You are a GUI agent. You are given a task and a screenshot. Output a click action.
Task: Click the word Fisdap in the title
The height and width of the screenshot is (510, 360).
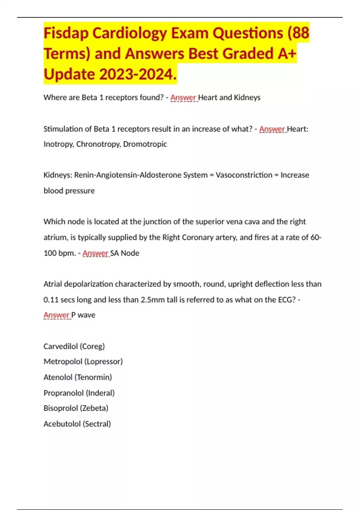click(x=66, y=33)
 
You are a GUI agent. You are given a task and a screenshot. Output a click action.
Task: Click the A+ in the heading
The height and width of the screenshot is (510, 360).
click(x=287, y=53)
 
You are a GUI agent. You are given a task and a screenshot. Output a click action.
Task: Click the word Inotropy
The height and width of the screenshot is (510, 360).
click(x=58, y=144)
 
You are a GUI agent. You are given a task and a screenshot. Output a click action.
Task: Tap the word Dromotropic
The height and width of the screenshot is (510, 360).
click(x=145, y=144)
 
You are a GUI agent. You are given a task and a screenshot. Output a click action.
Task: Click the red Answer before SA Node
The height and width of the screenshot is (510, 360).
click(x=95, y=253)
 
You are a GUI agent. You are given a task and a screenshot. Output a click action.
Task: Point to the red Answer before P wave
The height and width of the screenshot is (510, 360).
click(x=56, y=315)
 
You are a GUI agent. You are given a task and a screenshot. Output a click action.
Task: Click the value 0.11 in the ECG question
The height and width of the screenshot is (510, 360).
click(x=51, y=300)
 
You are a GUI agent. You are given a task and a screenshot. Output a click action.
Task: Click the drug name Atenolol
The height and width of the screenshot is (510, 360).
click(x=58, y=377)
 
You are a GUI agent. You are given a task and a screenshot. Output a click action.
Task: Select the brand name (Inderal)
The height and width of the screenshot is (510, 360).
click(x=100, y=393)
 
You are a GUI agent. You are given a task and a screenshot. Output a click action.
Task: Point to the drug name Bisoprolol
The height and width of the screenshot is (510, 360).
click(x=61, y=408)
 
